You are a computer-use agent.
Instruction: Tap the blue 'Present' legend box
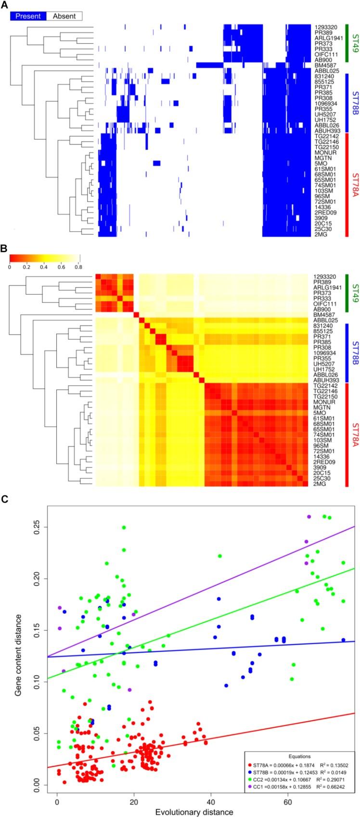pyautogui.click(x=28, y=16)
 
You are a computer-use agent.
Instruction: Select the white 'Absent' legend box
pyautogui.click(x=64, y=16)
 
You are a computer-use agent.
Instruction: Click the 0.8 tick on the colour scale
pyautogui.click(x=78, y=266)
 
